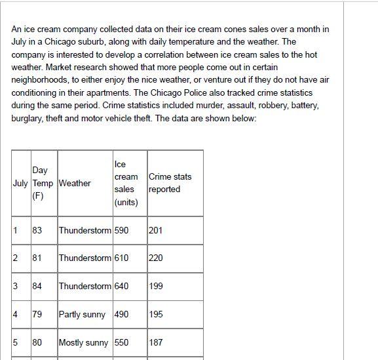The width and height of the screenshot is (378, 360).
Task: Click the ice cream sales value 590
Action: point(121,230)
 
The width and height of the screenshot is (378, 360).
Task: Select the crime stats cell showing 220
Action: point(156,258)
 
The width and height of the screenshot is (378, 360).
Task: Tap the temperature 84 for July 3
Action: point(37,286)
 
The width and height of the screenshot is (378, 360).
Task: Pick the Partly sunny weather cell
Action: point(82,314)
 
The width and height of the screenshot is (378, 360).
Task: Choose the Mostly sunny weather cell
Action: point(83,342)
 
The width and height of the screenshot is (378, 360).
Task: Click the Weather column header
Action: point(75,183)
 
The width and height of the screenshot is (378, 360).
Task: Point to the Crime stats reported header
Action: point(170,183)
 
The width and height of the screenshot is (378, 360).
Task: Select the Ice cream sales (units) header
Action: point(126,183)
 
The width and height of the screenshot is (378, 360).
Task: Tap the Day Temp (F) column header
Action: point(43,183)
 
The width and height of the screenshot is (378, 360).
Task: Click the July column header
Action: point(20,183)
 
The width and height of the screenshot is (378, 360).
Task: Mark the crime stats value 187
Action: point(156,342)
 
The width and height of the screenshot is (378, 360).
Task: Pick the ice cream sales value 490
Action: point(121,314)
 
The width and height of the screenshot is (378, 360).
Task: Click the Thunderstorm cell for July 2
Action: point(85,258)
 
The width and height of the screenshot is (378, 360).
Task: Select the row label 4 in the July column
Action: point(15,314)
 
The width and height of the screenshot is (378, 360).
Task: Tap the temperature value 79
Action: point(37,314)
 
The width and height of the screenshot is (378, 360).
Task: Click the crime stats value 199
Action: point(156,286)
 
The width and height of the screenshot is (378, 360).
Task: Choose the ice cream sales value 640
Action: point(121,286)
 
